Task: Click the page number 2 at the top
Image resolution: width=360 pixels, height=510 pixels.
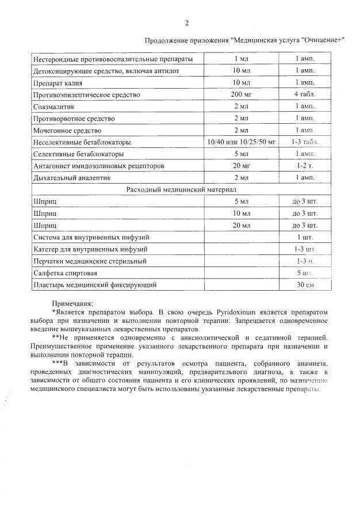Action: click(x=186, y=23)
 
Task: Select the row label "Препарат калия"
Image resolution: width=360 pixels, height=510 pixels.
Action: click(x=59, y=82)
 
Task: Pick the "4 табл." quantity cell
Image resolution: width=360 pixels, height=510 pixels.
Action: click(x=304, y=94)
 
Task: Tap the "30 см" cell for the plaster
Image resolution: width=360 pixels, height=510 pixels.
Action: click(x=304, y=284)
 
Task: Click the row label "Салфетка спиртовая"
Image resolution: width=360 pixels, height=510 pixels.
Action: click(x=66, y=273)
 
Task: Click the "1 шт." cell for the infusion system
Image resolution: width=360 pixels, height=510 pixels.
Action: click(x=304, y=237)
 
